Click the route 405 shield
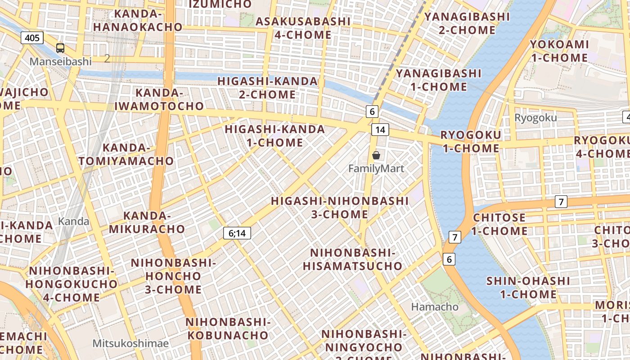coord(32,38)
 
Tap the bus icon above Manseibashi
coord(60,48)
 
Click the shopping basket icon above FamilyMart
coord(376,155)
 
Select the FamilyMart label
coord(376,169)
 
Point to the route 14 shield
coord(380,130)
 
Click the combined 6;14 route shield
coord(237,233)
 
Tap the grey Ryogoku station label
coord(535,118)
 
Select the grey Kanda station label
coord(74,221)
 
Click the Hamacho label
coord(435,307)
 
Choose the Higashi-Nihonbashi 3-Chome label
coord(340,207)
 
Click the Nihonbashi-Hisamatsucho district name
coord(352,259)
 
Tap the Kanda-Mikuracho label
coord(147,222)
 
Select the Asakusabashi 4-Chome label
coord(303,28)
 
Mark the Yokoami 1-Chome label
coord(559,51)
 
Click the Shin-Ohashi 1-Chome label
coord(522,288)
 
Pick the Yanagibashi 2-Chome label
coord(467,23)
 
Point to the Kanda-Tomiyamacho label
coord(126,154)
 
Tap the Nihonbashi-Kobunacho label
coord(228,328)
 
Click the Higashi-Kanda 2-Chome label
coord(268,88)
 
